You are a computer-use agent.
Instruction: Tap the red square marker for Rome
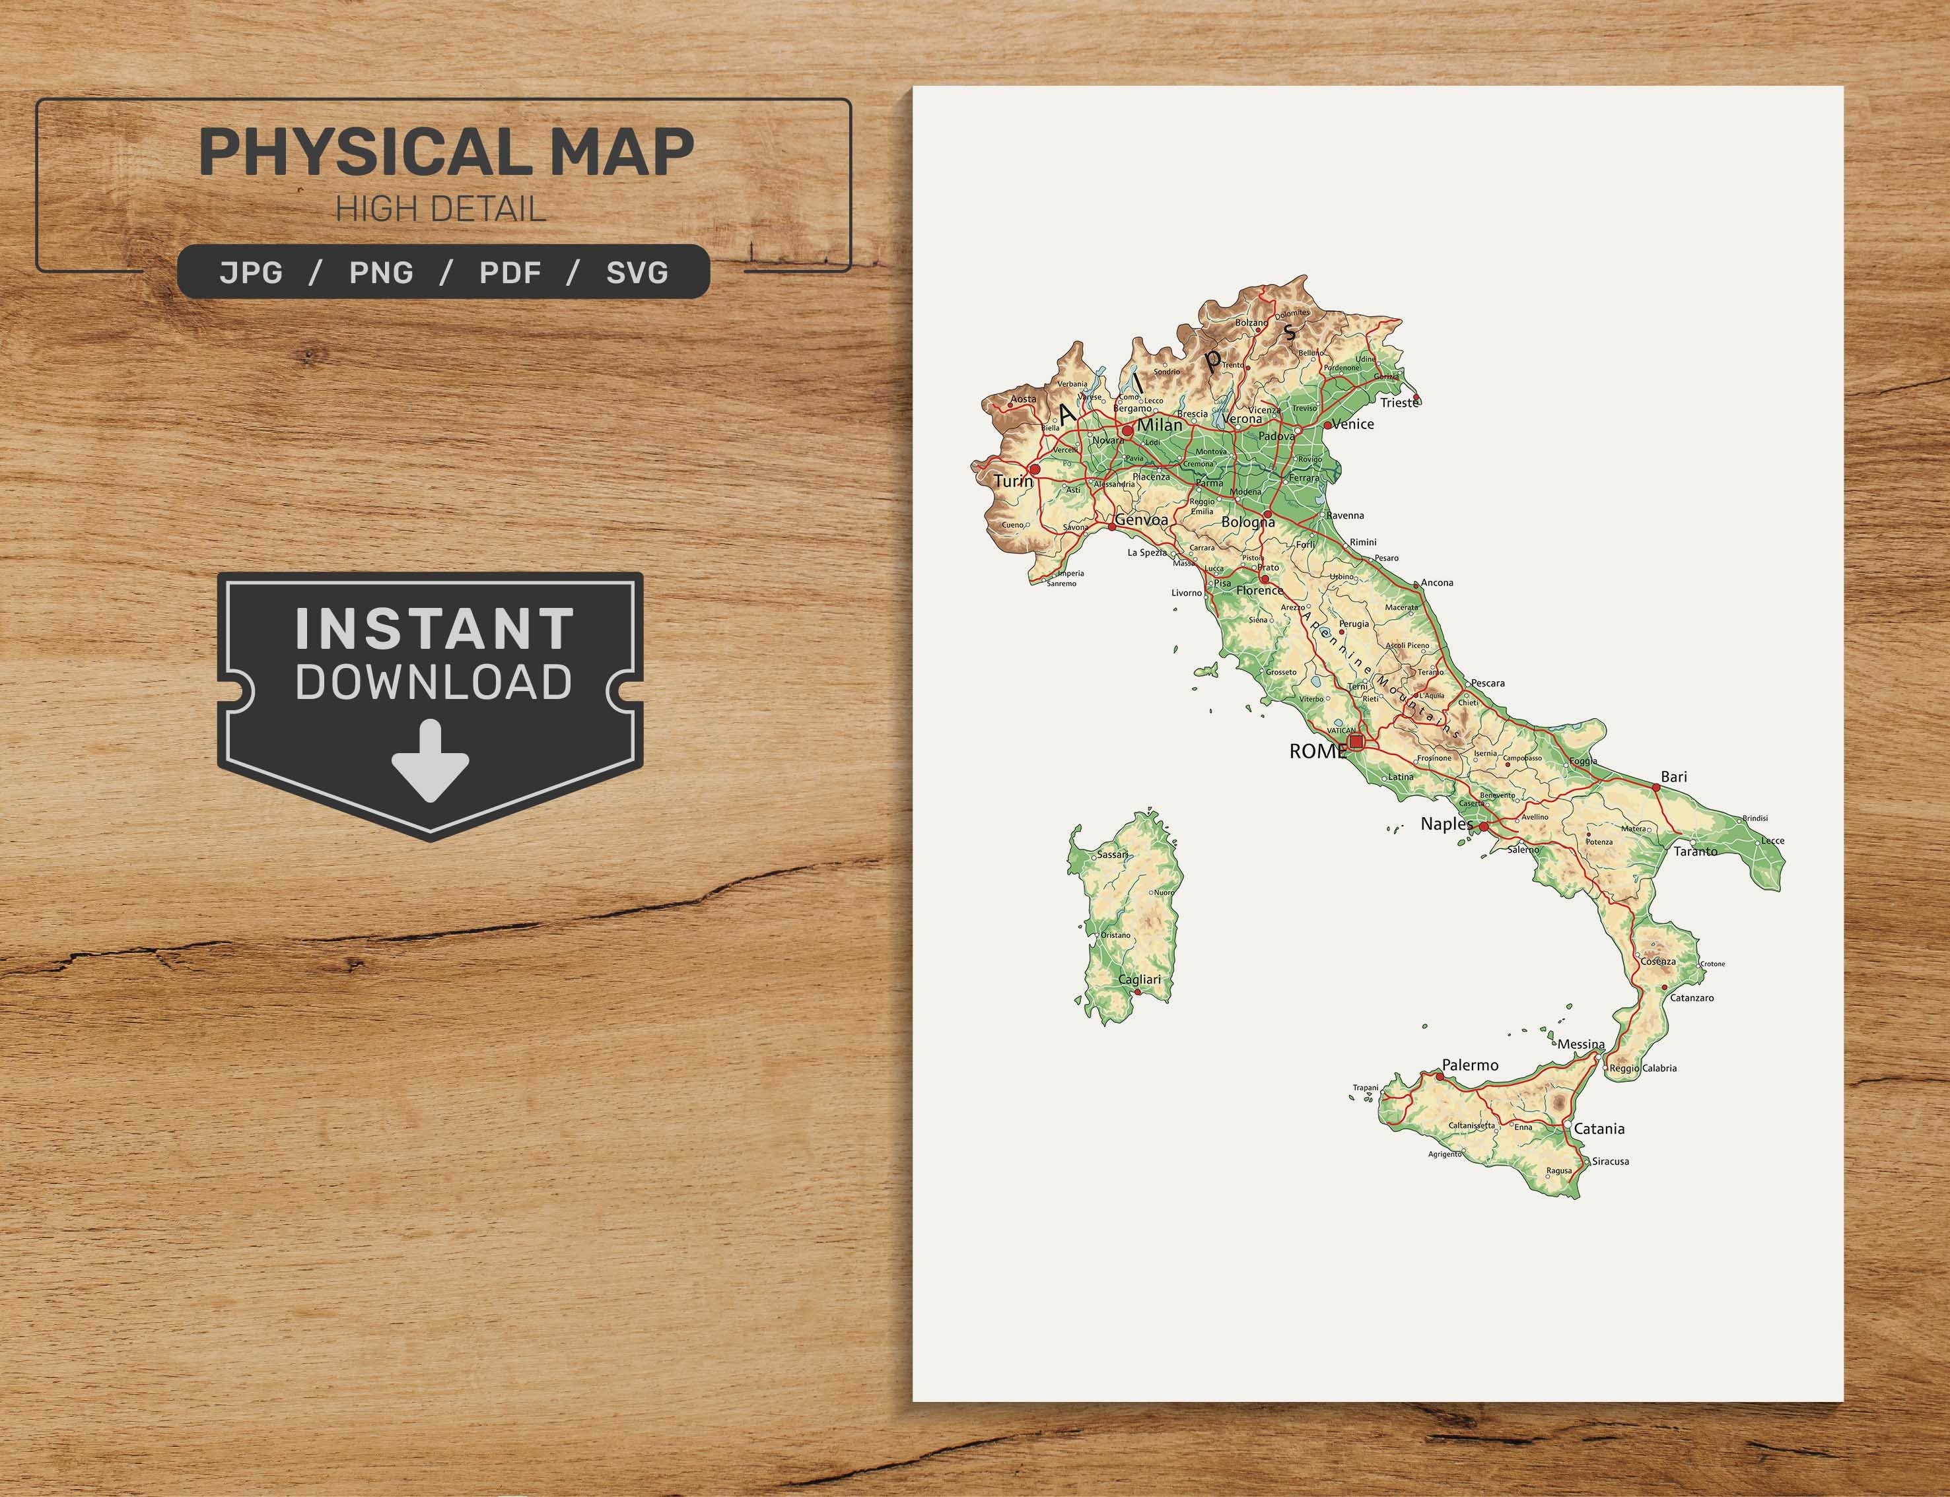[x=1356, y=741]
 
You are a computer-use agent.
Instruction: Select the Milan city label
[x=1160, y=425]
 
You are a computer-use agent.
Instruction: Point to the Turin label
[x=1014, y=481]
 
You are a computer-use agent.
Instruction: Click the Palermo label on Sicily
[x=1470, y=1065]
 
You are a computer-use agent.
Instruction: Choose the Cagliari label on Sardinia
[x=1140, y=980]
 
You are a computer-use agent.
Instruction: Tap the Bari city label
[x=1674, y=777]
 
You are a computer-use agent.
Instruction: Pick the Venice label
[x=1353, y=424]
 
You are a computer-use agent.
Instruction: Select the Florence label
[x=1259, y=590]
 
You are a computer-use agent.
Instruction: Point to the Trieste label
[x=1399, y=403]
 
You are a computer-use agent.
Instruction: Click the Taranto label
[x=1695, y=851]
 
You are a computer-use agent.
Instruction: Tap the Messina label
[x=1581, y=1044]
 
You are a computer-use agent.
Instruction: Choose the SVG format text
[x=637, y=272]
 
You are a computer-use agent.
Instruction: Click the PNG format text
[x=382, y=272]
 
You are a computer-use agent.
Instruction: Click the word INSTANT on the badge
[x=435, y=628]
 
